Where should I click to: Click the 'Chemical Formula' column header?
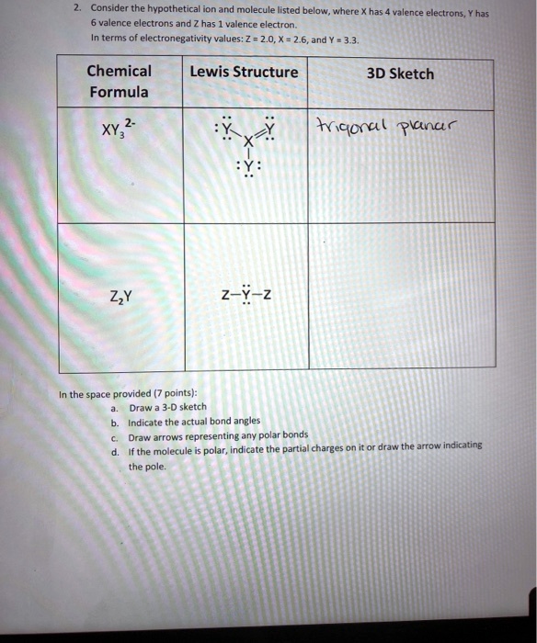tap(119, 81)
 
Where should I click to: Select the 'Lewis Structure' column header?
tap(244, 73)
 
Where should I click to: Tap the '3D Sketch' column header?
tap(400, 73)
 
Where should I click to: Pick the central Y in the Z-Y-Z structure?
tap(246, 294)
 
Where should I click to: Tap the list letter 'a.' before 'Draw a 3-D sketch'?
tap(113, 406)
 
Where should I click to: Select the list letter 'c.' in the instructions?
tap(113, 436)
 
